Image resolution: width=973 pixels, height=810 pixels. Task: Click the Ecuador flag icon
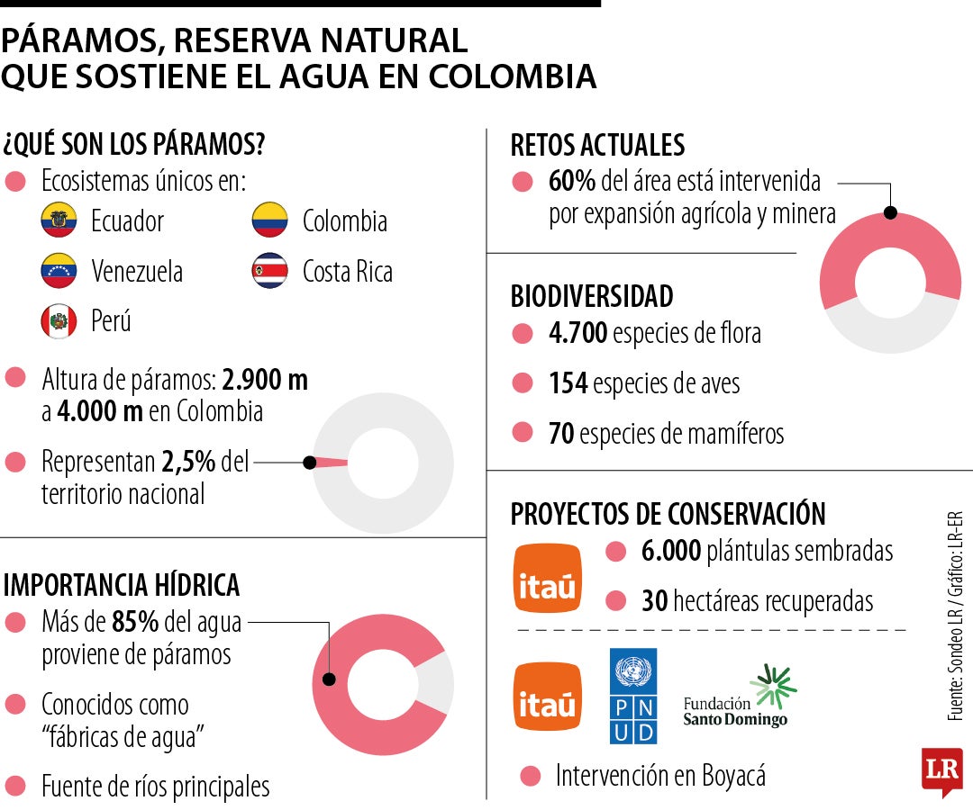pyautogui.click(x=59, y=220)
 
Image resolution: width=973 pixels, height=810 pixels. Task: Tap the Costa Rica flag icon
pyautogui.click(x=269, y=271)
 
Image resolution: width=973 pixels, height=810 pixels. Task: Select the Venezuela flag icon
pyautogui.click(x=59, y=271)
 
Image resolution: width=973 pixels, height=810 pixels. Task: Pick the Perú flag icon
pyautogui.click(x=59, y=321)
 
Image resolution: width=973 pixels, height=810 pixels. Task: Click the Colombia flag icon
pyautogui.click(x=269, y=220)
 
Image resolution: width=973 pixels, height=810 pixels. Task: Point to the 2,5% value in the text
pyautogui.click(x=188, y=463)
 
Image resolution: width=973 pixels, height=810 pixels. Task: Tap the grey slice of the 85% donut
pyautogui.click(x=437, y=681)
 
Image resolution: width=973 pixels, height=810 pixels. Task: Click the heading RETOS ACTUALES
pyautogui.click(x=597, y=145)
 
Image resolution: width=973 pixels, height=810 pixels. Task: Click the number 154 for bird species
pyautogui.click(x=568, y=384)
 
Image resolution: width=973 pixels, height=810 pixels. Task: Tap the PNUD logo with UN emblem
pyautogui.click(x=633, y=696)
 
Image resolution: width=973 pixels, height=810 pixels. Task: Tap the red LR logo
pyautogui.click(x=941, y=769)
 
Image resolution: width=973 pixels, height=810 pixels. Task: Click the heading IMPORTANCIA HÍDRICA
pyautogui.click(x=122, y=585)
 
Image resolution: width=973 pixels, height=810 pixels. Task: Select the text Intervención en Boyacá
pyautogui.click(x=660, y=776)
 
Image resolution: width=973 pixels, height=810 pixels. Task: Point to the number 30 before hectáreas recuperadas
pyautogui.click(x=655, y=600)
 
